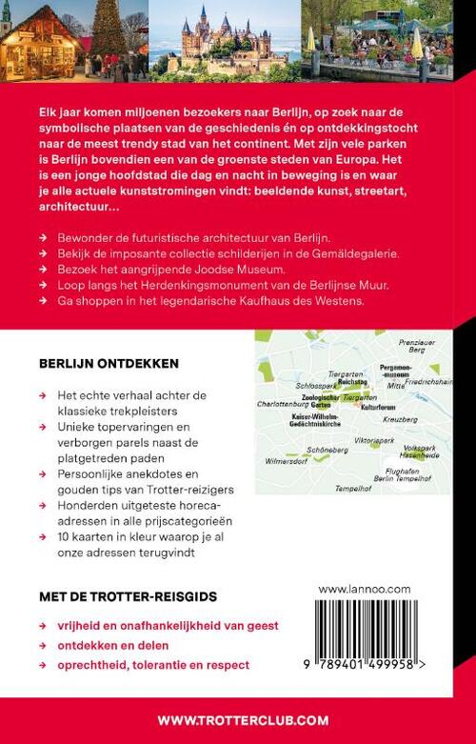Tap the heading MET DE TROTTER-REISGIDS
[x=129, y=596]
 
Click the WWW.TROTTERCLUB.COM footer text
[x=237, y=719]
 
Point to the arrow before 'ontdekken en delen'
[x=43, y=645]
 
